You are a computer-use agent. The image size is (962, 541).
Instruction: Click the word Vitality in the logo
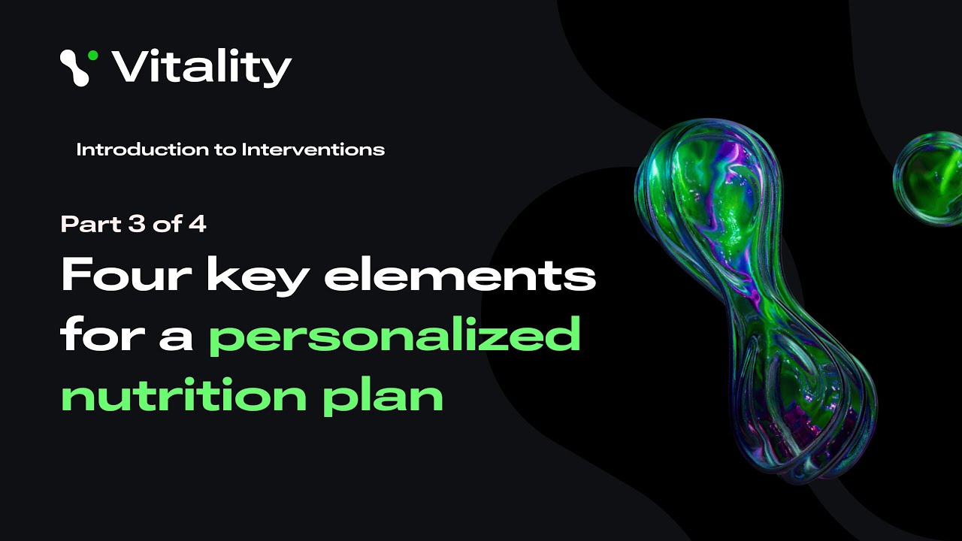coord(201,68)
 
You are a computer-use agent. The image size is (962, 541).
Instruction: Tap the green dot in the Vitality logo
coord(92,55)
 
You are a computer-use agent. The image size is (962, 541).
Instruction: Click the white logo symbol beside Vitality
coord(75,68)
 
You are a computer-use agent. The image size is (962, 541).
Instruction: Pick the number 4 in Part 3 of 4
coord(197,224)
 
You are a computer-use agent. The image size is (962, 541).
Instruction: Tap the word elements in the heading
coord(460,277)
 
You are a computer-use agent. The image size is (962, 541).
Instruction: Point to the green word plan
coord(383,396)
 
